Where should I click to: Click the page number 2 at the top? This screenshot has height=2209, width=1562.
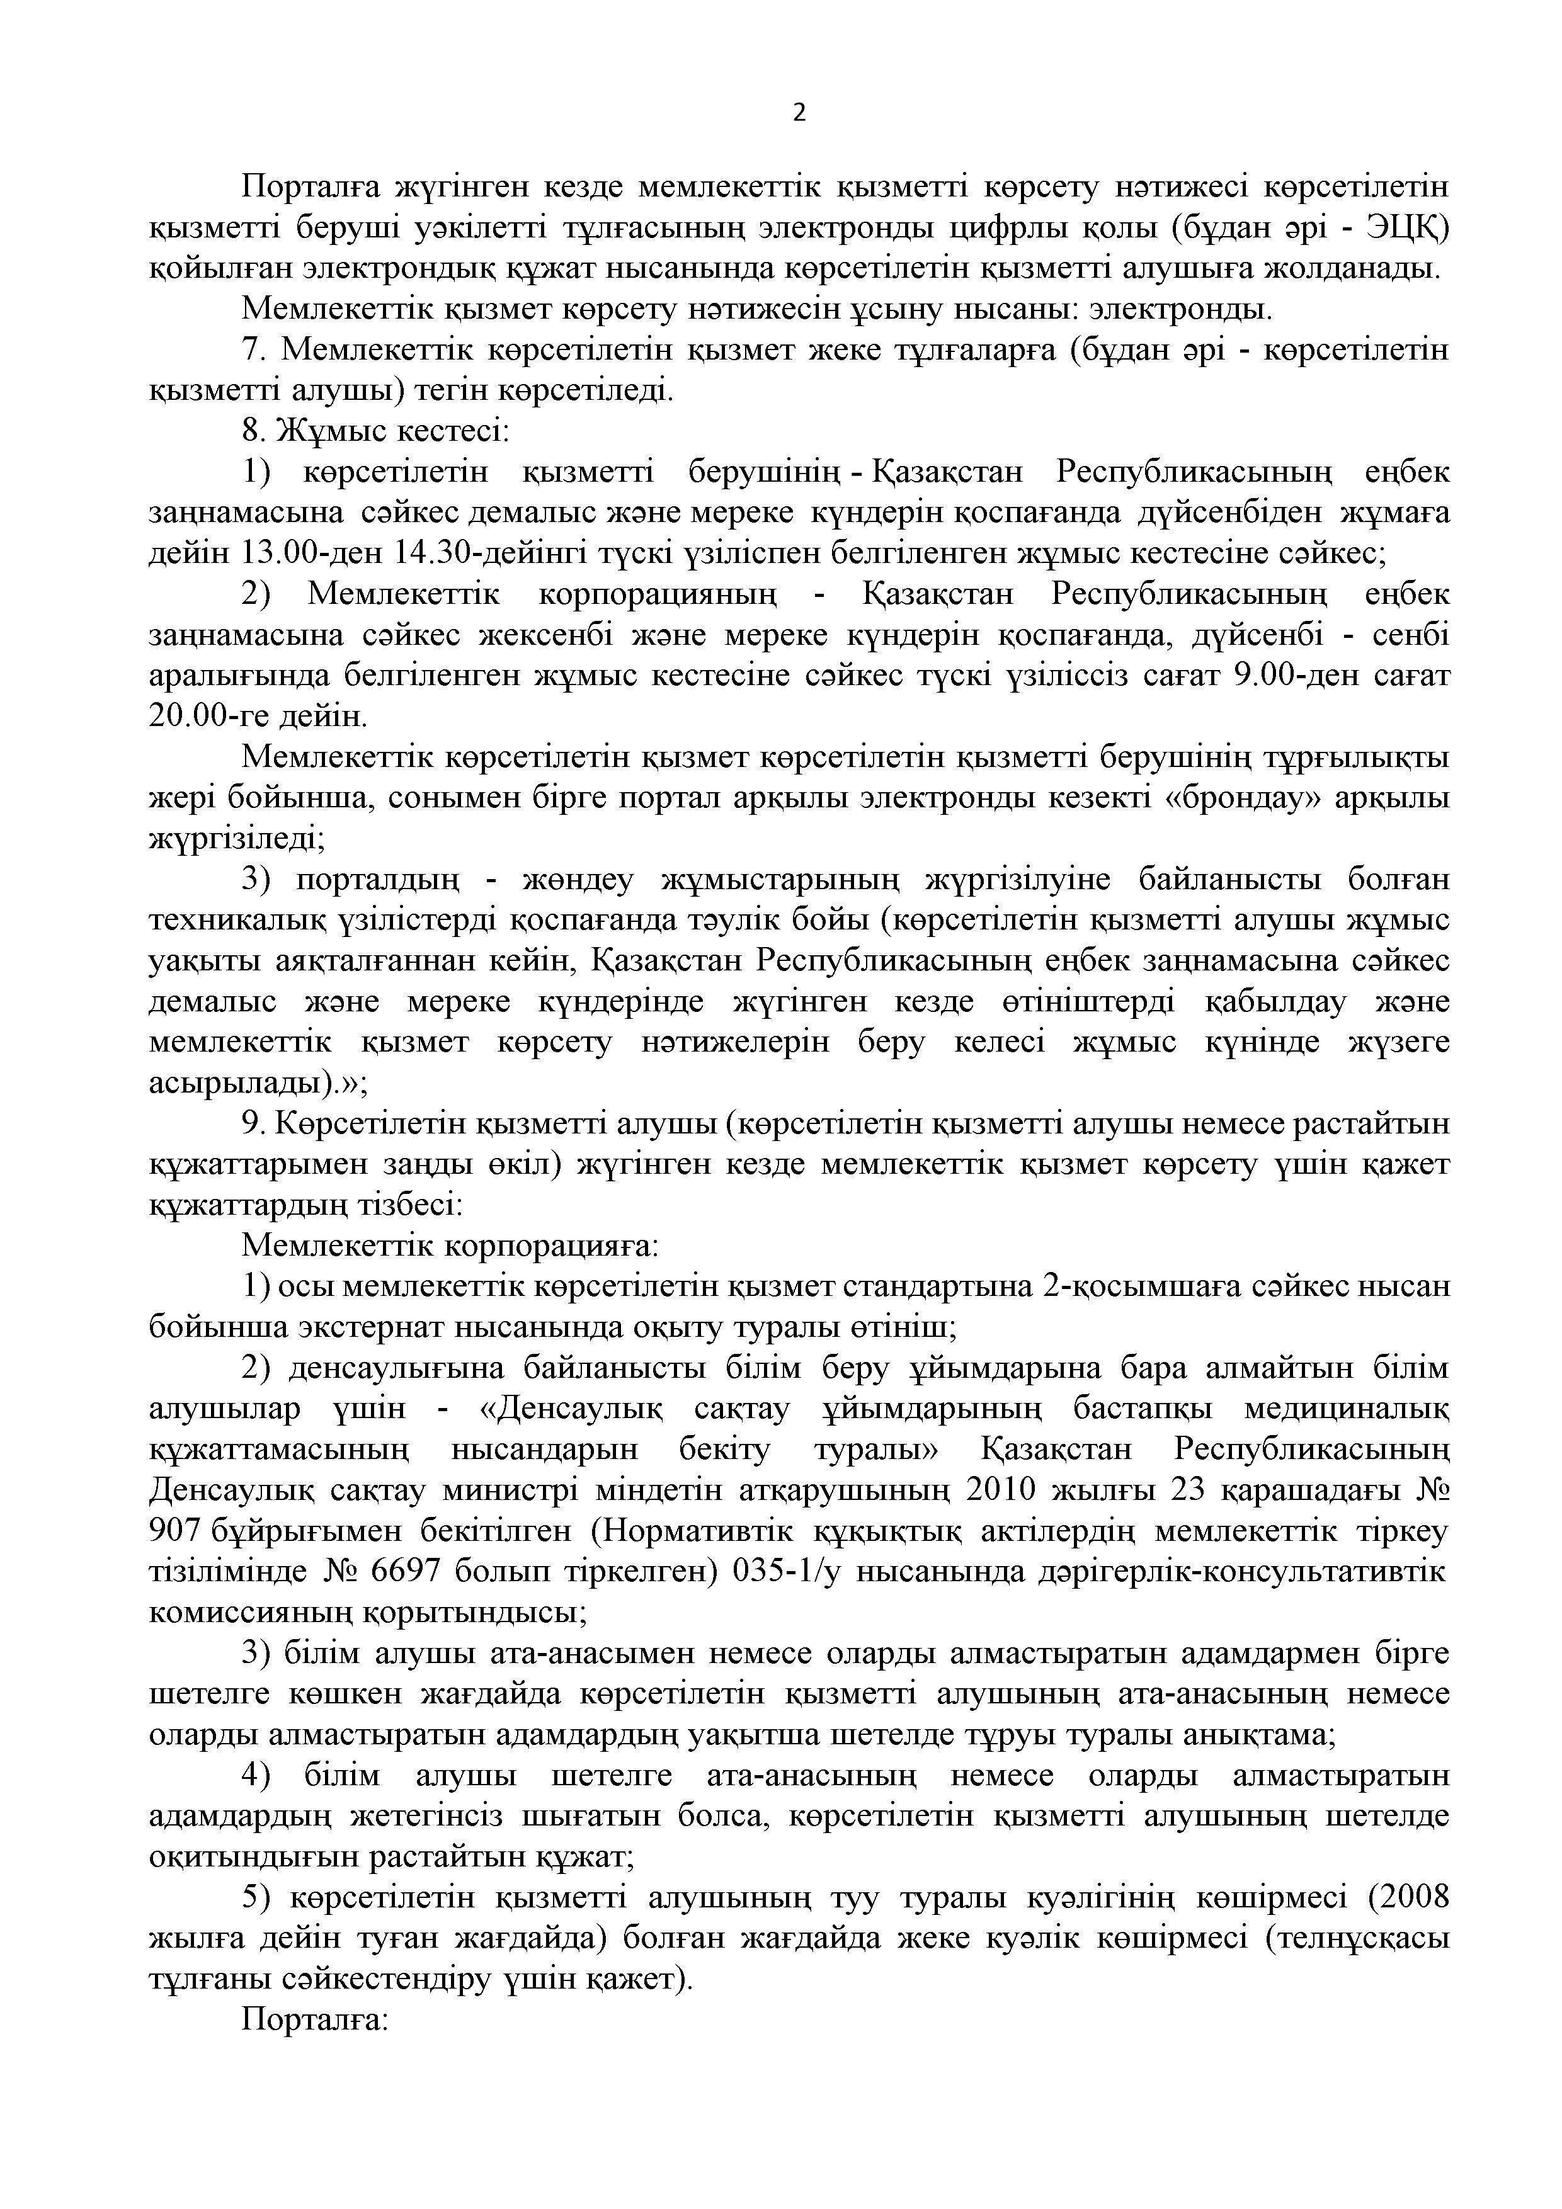(799, 113)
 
